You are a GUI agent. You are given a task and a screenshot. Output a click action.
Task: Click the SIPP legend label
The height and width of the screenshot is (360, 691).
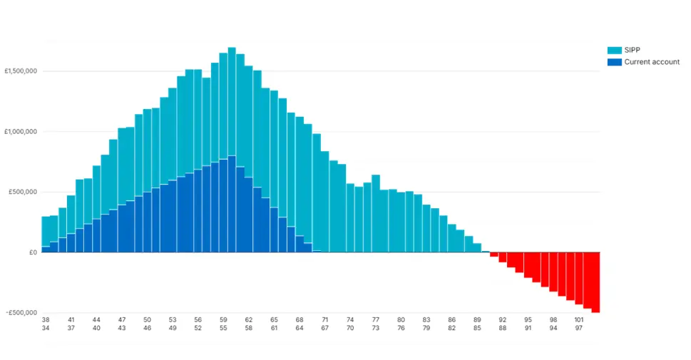point(632,51)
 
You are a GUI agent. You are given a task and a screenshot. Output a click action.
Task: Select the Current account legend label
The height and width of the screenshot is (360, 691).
point(652,62)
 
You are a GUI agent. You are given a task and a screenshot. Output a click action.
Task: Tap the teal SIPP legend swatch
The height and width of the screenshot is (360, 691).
point(614,51)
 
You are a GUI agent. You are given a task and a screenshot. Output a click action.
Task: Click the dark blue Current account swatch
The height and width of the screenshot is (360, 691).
point(614,62)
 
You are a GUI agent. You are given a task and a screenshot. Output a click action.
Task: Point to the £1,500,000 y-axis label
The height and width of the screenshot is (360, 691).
point(21,71)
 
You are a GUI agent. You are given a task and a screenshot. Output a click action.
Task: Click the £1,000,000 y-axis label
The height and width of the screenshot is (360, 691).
point(21,132)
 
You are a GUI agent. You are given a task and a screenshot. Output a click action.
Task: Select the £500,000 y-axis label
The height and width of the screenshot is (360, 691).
point(23,192)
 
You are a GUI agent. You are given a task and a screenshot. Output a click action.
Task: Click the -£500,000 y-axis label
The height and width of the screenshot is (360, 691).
point(21,312)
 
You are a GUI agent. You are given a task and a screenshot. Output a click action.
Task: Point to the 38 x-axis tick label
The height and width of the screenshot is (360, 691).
point(46,320)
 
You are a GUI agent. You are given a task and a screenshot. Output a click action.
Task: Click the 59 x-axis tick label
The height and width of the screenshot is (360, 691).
point(223,320)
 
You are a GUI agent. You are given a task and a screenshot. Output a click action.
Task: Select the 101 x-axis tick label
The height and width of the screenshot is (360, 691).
point(579,320)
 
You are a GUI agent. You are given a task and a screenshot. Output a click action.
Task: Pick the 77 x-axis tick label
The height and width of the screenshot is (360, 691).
point(376,320)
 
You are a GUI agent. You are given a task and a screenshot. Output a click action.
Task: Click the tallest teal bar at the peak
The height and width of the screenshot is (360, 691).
point(232,100)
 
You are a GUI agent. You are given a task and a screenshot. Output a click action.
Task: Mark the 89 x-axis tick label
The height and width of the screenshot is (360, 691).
point(477,320)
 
